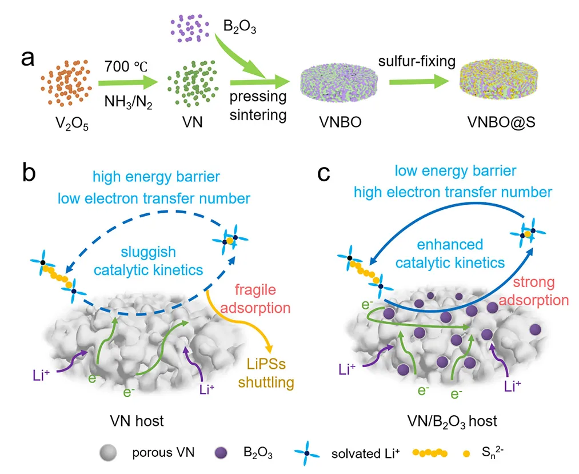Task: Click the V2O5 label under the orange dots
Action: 72,124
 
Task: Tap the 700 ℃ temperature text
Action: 126,66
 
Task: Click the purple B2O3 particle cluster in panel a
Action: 189,28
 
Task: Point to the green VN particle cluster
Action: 193,83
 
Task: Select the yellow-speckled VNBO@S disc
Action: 498,82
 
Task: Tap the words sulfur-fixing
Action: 417,61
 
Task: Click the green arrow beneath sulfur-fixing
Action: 419,82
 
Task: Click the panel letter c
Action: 324,174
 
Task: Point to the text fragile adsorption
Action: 255,298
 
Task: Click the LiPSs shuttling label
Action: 266,373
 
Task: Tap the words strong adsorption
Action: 534,291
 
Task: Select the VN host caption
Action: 137,421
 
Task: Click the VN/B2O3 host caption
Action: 452,421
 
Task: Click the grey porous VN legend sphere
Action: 108,453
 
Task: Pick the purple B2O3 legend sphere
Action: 221,453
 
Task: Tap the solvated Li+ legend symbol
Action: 307,453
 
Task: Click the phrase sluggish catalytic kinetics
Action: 149,261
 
